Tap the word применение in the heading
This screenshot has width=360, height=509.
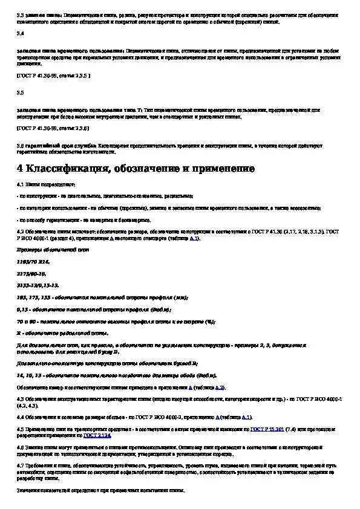(x=222, y=168)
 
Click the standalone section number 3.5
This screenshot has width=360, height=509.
(x=20, y=92)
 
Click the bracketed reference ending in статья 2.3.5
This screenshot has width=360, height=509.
(x=53, y=77)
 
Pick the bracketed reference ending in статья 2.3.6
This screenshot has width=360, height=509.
(x=53, y=128)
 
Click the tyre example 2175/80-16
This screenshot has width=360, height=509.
(x=33, y=273)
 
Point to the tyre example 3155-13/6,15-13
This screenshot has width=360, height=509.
(x=38, y=285)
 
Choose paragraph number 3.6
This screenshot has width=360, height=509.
(x=20, y=146)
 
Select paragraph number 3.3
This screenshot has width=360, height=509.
(x=20, y=15)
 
